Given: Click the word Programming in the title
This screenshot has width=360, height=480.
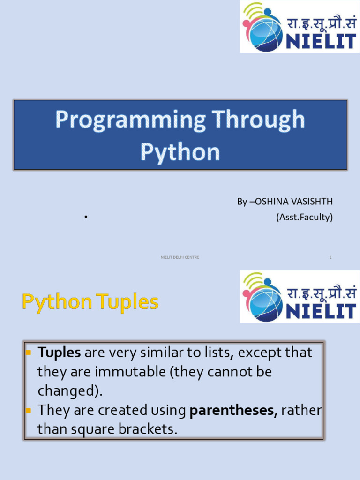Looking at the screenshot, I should coord(129,120).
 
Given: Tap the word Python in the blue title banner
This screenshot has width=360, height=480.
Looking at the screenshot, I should coord(180,152).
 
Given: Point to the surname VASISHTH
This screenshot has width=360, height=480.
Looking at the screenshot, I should coord(313,202).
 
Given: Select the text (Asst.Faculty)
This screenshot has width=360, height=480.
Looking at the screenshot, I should coord(304,217).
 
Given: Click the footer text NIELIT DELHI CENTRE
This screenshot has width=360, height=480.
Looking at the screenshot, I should coord(180,257).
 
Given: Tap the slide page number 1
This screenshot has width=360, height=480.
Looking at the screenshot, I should coord(330,257).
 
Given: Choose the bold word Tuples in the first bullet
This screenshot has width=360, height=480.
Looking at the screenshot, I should coord(59,352).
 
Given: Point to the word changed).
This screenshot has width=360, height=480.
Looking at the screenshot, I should coord(69,391).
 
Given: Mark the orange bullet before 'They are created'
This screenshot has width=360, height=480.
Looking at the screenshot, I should coord(28,410).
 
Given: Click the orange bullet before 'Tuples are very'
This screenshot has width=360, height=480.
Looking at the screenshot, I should coord(28,352).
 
